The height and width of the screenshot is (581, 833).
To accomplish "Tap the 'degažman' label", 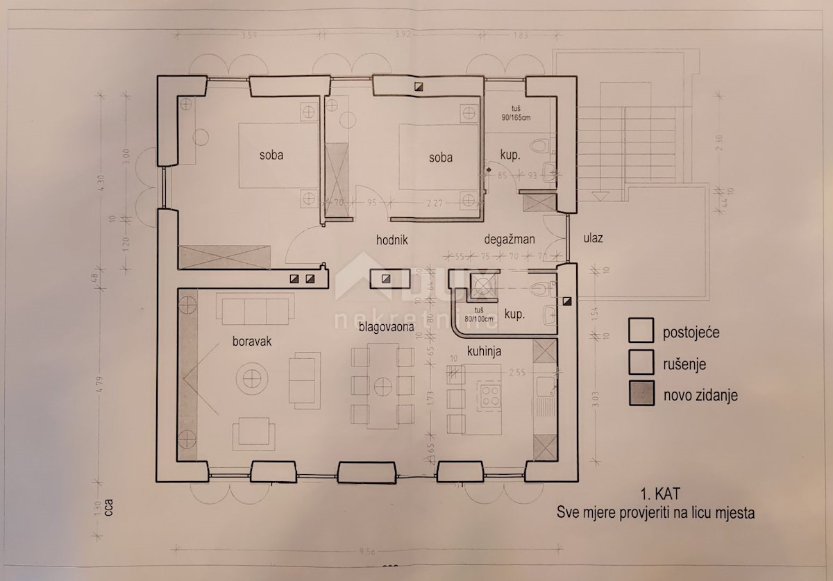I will tap(510, 239).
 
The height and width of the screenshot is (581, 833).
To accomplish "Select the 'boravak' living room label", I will tap(251, 342).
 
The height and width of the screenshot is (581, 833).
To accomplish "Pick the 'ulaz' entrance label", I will tap(593, 238).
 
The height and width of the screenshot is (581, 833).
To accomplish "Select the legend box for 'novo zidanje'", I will tap(640, 394).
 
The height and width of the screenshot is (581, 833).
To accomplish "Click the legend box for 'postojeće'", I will tap(640, 330).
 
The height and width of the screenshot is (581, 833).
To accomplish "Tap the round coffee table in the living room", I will tap(252, 379).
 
